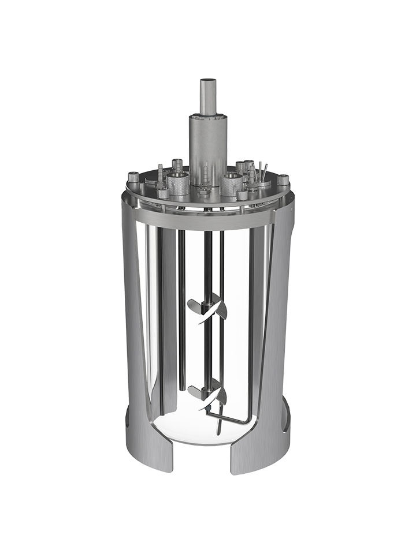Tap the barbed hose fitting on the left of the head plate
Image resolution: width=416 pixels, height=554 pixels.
coord(160,174)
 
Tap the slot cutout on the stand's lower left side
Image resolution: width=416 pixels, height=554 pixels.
coord(128,418)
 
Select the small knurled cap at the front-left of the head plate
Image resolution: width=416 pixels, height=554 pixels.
coord(164,193)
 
